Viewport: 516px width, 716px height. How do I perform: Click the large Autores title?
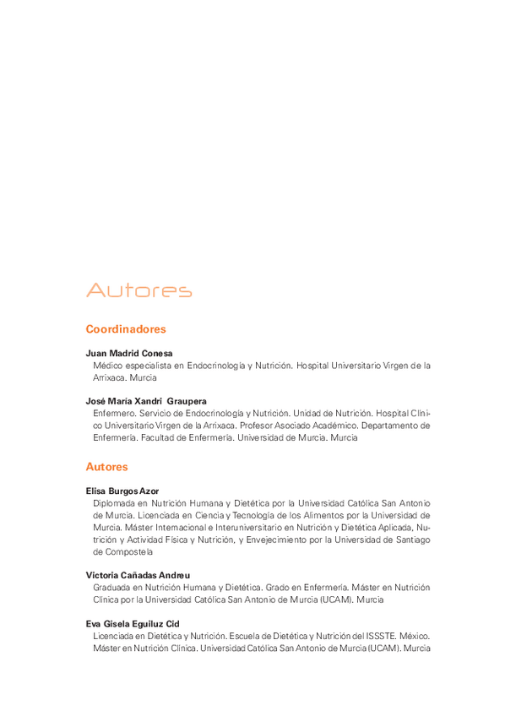pyautogui.click(x=139, y=291)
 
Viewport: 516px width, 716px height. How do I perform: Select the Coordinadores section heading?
pyautogui.click(x=126, y=329)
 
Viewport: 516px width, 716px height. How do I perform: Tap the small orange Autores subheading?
pyautogui.click(x=106, y=466)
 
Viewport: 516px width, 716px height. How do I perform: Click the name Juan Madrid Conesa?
pyautogui.click(x=129, y=353)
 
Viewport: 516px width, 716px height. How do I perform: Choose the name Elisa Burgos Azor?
pyautogui.click(x=124, y=490)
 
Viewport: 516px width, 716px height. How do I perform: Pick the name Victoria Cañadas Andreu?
pyautogui.click(x=138, y=575)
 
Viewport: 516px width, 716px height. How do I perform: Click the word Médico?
pyautogui.click(x=107, y=366)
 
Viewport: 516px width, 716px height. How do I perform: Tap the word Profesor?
pyautogui.click(x=294, y=426)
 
